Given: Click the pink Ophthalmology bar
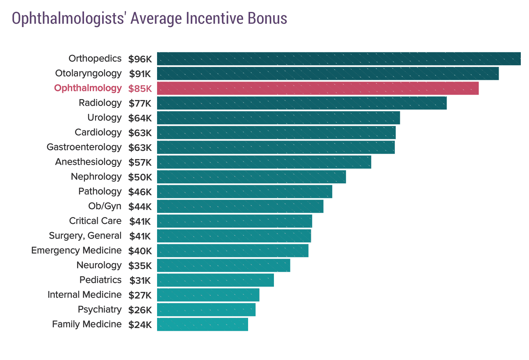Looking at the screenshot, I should click(x=318, y=88).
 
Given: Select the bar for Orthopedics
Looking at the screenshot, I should click(x=339, y=59).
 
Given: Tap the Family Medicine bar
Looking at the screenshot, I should click(x=203, y=324).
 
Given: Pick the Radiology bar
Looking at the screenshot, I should click(x=302, y=103).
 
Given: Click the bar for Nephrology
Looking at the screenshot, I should click(x=251, y=177).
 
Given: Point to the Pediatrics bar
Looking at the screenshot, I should click(x=215, y=280).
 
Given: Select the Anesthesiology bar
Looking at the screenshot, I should click(x=264, y=162).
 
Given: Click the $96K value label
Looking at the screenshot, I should click(x=140, y=59).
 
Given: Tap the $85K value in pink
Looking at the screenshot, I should click(x=140, y=89).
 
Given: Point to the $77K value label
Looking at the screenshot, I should click(x=140, y=103).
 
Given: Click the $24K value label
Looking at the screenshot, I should click(x=140, y=325).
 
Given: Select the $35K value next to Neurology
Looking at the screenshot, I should click(x=140, y=266).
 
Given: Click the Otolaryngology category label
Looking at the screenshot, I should click(x=88, y=73).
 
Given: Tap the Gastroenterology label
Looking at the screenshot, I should click(x=84, y=147).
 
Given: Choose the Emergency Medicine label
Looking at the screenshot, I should click(x=76, y=250).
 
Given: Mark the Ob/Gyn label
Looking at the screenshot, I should click(x=105, y=206).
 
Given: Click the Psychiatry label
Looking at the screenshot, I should click(x=100, y=309).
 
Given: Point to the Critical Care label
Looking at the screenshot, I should click(x=95, y=221).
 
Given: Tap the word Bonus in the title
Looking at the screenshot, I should click(x=267, y=18).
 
